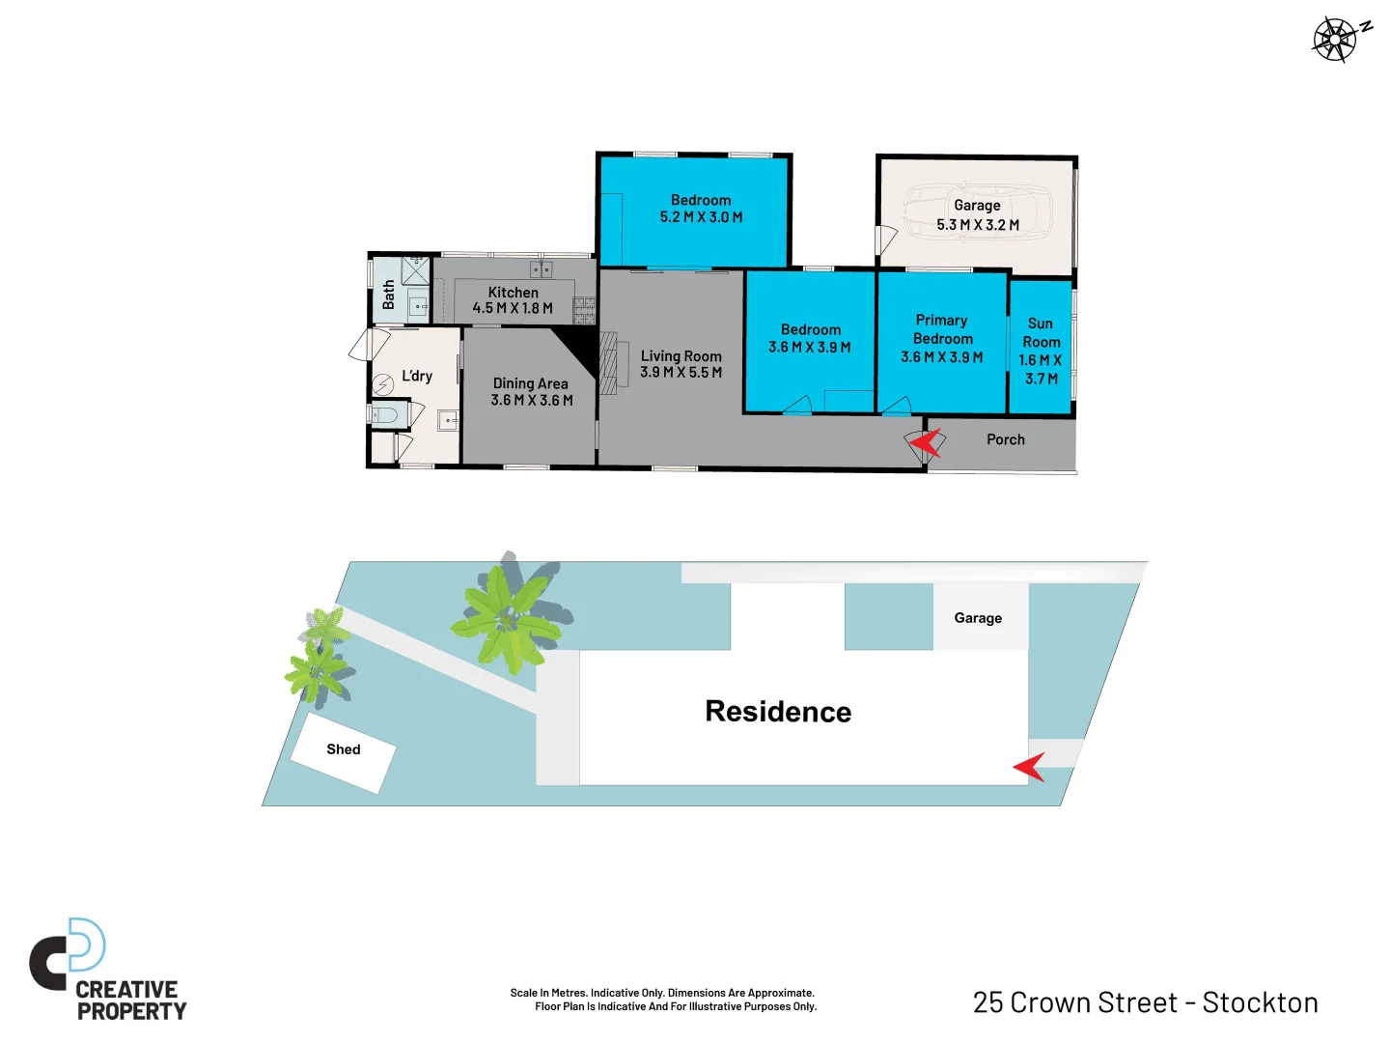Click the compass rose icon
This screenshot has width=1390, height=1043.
[x=1335, y=40]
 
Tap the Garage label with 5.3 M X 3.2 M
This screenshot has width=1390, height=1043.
[x=977, y=214]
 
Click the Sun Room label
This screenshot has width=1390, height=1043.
[x=1041, y=333]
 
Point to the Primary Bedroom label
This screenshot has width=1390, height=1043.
[x=942, y=329]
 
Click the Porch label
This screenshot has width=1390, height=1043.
[x=1005, y=439]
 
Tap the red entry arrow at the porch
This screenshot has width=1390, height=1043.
[x=926, y=443]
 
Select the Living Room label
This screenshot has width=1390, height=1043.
[x=681, y=356]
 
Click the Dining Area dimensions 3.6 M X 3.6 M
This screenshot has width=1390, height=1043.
[x=532, y=400]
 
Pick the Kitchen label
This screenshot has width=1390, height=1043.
[x=513, y=292]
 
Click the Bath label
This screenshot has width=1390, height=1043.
[x=388, y=295]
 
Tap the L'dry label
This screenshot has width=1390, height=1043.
[x=417, y=376]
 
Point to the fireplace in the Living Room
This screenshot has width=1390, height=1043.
[x=607, y=363]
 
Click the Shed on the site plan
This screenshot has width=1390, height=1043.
[x=343, y=750]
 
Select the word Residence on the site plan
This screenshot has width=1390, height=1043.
[x=778, y=712]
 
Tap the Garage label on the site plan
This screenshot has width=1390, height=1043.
[x=978, y=618]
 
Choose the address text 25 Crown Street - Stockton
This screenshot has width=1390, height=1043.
[x=1145, y=1002]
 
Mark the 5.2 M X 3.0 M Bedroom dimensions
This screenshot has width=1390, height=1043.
[x=701, y=217]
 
